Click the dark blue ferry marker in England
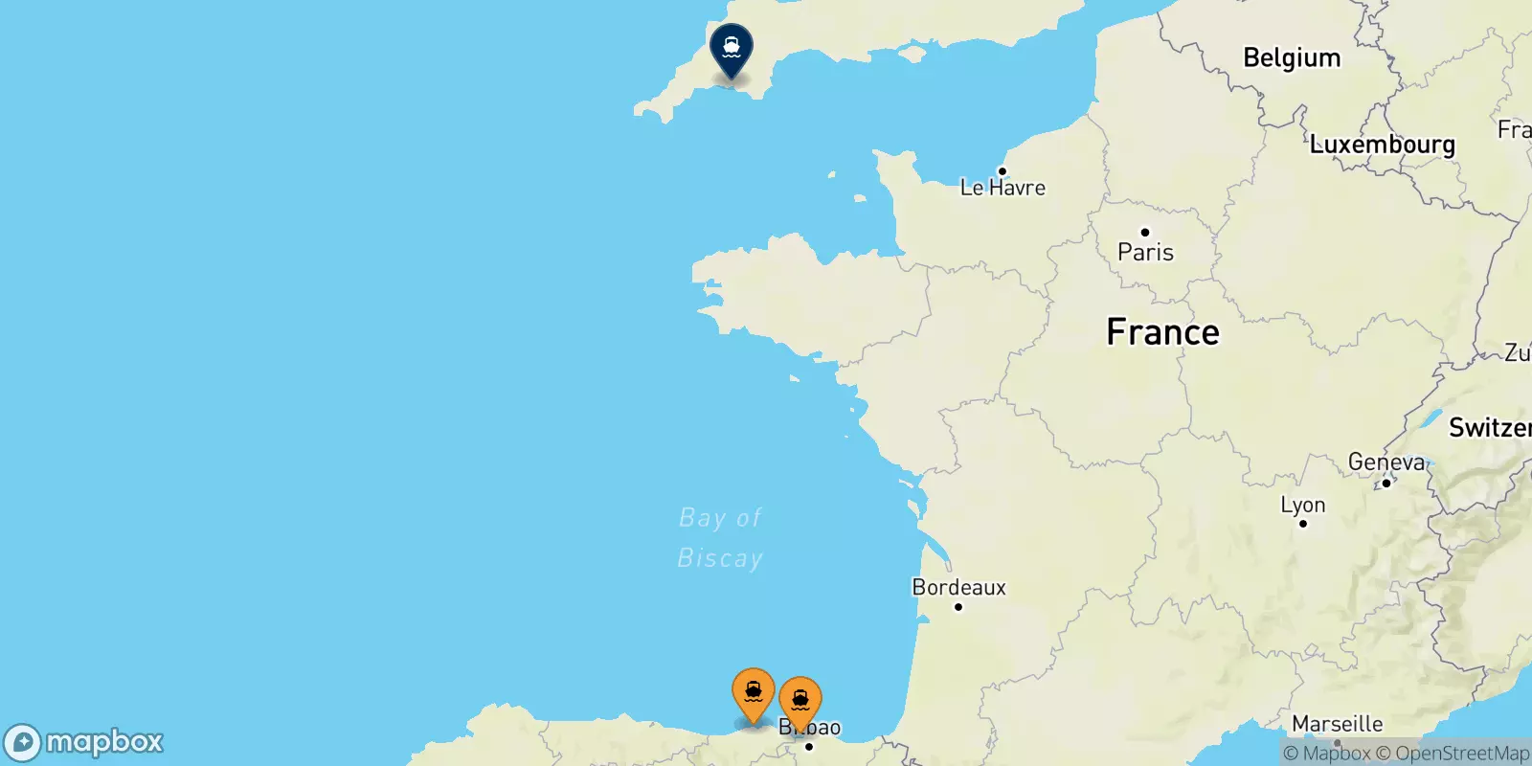732,48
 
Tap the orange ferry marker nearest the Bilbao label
800,702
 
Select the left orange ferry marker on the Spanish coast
754,692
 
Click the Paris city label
1145,252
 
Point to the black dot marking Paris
1144,233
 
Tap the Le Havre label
1003,188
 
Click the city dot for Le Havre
1002,171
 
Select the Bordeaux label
958,587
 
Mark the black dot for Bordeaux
958,607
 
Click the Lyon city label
1303,505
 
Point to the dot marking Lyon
1303,524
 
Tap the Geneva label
1386,462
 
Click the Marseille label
1338,724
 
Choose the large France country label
1162,332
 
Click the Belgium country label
1292,57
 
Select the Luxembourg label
1382,145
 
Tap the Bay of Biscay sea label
720,538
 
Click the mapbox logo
84,742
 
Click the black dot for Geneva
1386,483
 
